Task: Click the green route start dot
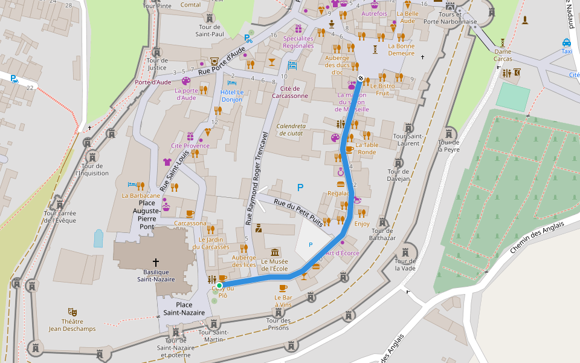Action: click(219, 285)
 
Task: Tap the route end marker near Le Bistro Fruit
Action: click(361, 78)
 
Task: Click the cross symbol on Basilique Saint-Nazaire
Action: click(156, 262)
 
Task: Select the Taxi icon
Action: click(566, 43)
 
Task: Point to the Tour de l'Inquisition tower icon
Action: click(88, 143)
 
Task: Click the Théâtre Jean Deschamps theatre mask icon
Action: click(72, 312)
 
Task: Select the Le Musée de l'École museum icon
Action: click(275, 252)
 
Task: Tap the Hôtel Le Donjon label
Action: click(232, 96)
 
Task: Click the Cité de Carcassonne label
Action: click(291, 92)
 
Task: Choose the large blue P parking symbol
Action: click(300, 188)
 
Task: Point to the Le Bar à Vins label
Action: click(283, 301)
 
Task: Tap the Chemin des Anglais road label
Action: click(536, 237)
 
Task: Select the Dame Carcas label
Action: click(502, 55)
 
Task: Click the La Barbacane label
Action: click(141, 195)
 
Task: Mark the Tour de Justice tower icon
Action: click(157, 51)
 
